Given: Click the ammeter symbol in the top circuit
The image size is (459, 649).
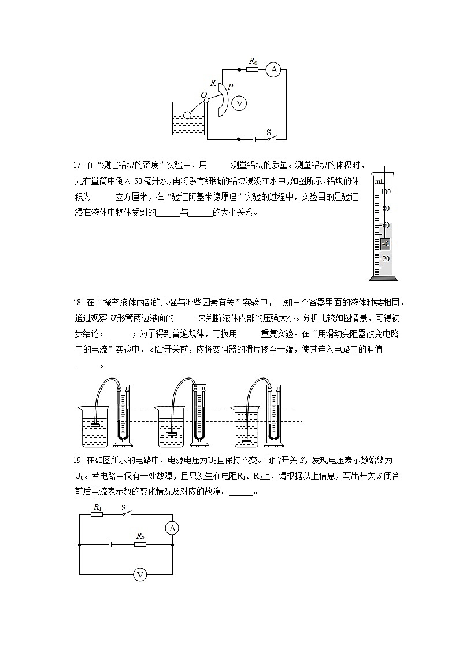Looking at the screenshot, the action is coord(273,70).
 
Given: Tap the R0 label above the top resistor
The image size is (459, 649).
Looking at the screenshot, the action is coord(253,61).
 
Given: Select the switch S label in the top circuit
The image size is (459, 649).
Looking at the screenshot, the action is coord(268,132).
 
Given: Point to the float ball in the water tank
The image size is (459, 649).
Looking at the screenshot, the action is coord(187,115).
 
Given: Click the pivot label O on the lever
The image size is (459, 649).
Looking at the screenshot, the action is coord(203,95).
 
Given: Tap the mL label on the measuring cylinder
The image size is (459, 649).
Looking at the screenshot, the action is coord(379,181).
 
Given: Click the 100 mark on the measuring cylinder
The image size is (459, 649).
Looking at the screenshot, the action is coord(386,191).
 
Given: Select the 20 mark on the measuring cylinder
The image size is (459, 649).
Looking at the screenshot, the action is coord(386,258).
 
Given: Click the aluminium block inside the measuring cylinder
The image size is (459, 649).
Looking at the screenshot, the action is coord(386,243).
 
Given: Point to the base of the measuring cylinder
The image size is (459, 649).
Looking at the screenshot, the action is coord(383,278).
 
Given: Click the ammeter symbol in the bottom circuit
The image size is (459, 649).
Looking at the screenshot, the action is coord(172,528).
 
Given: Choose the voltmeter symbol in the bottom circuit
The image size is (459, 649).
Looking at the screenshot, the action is coord(139,574).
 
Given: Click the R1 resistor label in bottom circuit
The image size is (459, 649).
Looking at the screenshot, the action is coord(98,507).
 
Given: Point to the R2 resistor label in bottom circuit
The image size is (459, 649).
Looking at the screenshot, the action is coord(140,536).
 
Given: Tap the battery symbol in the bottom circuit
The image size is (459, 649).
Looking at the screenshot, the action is coord(109,544).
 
